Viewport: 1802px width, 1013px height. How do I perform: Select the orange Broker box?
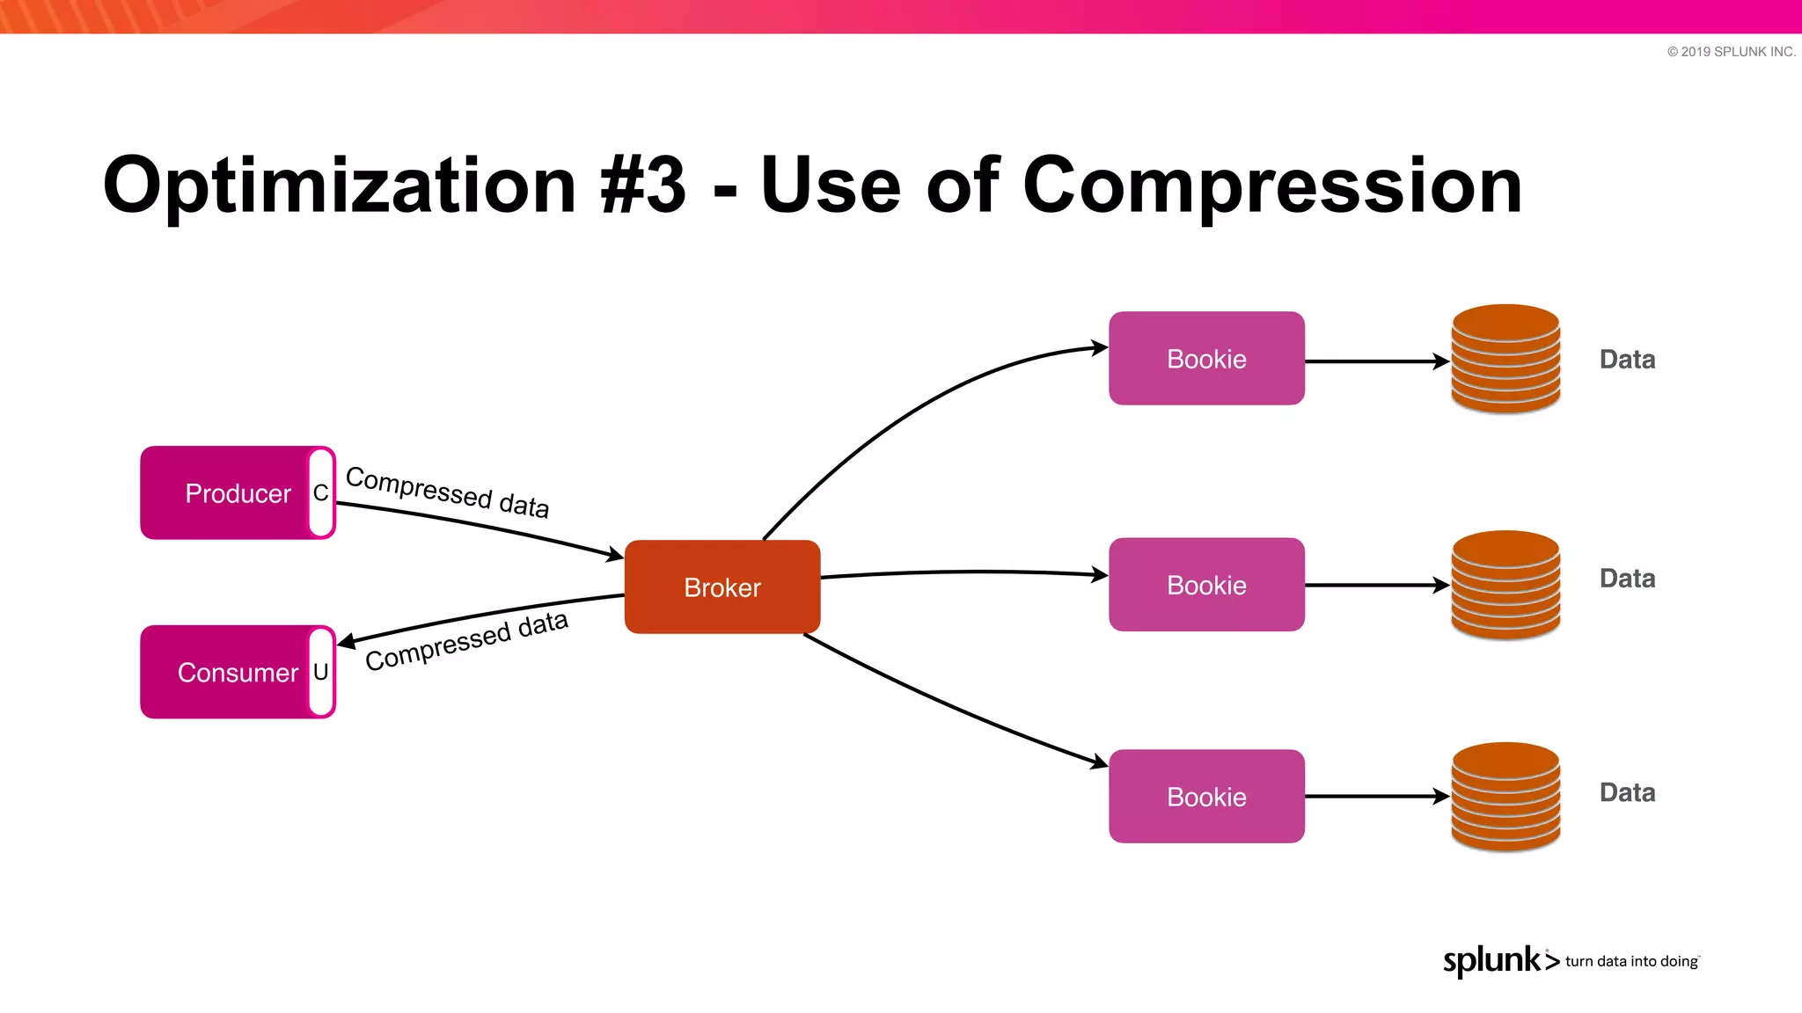point(722,587)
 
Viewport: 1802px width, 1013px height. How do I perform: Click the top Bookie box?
point(1206,359)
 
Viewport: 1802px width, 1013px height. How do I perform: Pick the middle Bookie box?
point(1206,585)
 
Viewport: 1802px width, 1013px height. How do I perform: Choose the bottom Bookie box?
point(1206,797)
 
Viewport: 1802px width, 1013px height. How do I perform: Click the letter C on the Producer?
point(321,493)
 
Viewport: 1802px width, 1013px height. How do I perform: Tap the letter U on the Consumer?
point(321,673)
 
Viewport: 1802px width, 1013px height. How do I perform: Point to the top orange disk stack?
point(1505,359)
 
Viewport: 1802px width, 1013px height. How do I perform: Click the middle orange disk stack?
point(1505,585)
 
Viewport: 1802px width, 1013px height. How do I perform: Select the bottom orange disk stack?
point(1505,797)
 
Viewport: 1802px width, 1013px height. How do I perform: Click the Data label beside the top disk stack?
point(1627,360)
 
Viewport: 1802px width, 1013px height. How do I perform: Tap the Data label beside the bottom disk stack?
point(1627,792)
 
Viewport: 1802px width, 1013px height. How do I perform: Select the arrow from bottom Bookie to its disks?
point(1377,797)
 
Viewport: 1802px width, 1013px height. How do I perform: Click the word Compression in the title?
point(1271,186)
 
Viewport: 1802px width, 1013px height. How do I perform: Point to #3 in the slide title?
point(642,186)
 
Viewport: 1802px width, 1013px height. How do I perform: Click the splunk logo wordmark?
point(1492,960)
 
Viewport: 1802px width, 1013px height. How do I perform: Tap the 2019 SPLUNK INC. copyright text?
point(1731,52)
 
